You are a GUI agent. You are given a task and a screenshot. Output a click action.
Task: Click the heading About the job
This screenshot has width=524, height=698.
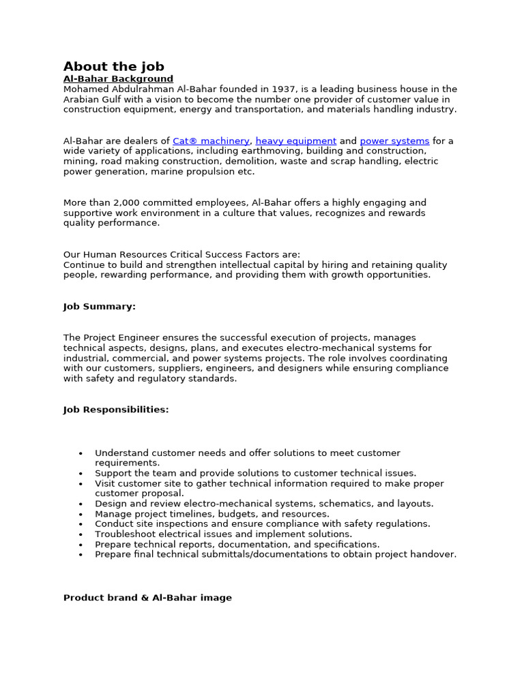pos(113,66)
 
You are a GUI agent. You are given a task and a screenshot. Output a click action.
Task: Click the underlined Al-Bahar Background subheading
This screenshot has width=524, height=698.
pos(118,79)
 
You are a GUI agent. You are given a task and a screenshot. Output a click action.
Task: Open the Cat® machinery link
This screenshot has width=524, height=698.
pos(211,141)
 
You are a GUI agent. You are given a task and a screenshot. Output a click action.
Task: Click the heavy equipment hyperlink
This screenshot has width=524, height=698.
pos(296,141)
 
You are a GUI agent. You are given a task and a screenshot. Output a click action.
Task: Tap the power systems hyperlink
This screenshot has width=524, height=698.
pos(394,141)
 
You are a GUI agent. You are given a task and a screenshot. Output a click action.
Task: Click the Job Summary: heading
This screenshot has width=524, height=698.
pos(100,307)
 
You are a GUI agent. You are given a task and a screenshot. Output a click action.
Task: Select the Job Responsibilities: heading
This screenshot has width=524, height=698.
pos(116,410)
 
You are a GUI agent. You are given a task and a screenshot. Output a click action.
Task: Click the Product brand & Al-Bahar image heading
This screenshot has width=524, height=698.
pos(147,598)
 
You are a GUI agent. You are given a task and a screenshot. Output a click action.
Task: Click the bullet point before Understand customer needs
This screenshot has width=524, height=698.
pos(81,453)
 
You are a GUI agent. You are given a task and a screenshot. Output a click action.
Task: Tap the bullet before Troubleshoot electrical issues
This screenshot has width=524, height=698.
pos(81,534)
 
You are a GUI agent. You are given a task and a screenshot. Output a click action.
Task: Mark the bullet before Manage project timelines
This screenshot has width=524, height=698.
pos(81,514)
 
